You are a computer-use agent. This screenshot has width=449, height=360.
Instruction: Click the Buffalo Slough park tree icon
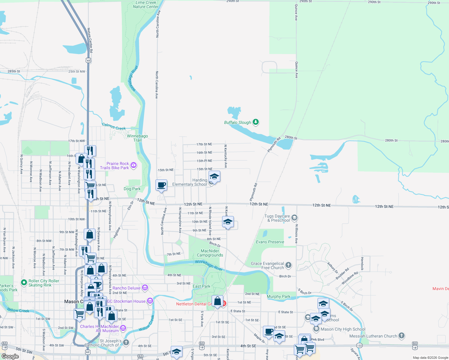pos(256,122)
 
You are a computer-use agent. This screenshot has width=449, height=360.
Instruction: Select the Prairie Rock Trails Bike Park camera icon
pos(134,165)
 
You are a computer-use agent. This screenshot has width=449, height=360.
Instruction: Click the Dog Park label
pos(132,189)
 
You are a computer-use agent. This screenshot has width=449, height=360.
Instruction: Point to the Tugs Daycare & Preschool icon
pos(294,217)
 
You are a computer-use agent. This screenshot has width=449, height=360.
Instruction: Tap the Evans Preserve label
pos(270,242)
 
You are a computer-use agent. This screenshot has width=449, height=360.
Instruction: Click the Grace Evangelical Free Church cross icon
pos(288,265)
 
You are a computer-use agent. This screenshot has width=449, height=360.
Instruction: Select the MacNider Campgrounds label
pos(210,253)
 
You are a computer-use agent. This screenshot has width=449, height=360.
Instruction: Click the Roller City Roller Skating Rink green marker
pos(24,282)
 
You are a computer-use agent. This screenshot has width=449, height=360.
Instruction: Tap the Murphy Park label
pos(279,296)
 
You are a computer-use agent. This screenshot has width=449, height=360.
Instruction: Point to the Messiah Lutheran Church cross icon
pos(402,336)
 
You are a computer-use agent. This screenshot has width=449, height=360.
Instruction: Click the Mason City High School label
pos(343,329)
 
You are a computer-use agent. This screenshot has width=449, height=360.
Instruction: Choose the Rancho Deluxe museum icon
pos(145,288)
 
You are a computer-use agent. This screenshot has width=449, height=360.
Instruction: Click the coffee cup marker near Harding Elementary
pos(161,185)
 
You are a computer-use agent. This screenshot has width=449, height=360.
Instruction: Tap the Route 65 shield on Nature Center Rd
pos(88,60)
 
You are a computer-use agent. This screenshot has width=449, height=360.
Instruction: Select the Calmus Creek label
pos(114,127)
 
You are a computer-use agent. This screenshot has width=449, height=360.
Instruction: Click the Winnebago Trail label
pos(137,138)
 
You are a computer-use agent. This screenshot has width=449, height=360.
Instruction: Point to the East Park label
pos(201,286)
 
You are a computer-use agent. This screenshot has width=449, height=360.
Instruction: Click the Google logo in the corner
pos(10,356)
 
